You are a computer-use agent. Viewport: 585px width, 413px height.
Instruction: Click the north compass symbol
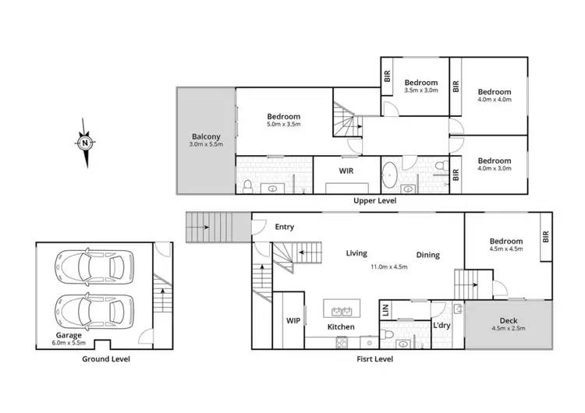pos(86,142)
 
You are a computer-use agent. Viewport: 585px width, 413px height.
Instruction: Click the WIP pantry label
pos(293,319)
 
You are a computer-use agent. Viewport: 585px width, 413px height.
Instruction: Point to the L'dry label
pos(442,326)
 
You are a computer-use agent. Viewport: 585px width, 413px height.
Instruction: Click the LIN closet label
pos(385,309)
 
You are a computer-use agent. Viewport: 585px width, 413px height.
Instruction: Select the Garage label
pos(68,335)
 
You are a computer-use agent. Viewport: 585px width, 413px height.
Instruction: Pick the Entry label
pos(284,227)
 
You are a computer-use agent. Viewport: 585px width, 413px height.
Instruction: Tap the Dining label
pos(427,255)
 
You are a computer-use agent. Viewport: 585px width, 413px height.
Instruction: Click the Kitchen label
pos(341,327)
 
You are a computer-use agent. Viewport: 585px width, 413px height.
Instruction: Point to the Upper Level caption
pos(375,201)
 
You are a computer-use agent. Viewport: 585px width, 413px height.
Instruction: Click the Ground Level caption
pos(106,359)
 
